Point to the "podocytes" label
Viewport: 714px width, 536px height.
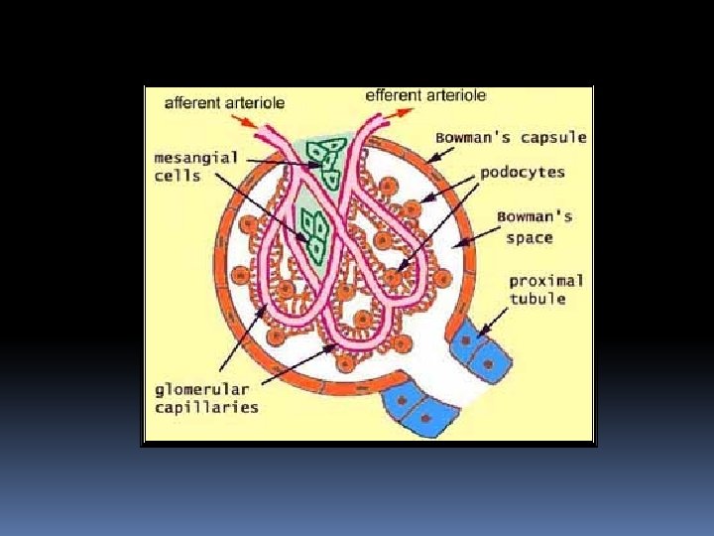coord(523,172)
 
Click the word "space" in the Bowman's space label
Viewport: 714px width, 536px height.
coord(529,238)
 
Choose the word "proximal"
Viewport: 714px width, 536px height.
coord(546,281)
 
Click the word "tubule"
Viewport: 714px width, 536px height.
coord(537,299)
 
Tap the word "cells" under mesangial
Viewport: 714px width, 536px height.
coord(178,176)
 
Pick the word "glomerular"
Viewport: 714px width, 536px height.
coord(201,389)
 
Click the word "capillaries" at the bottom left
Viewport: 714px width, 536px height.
coord(206,407)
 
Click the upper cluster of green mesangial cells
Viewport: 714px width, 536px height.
coord(325,159)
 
